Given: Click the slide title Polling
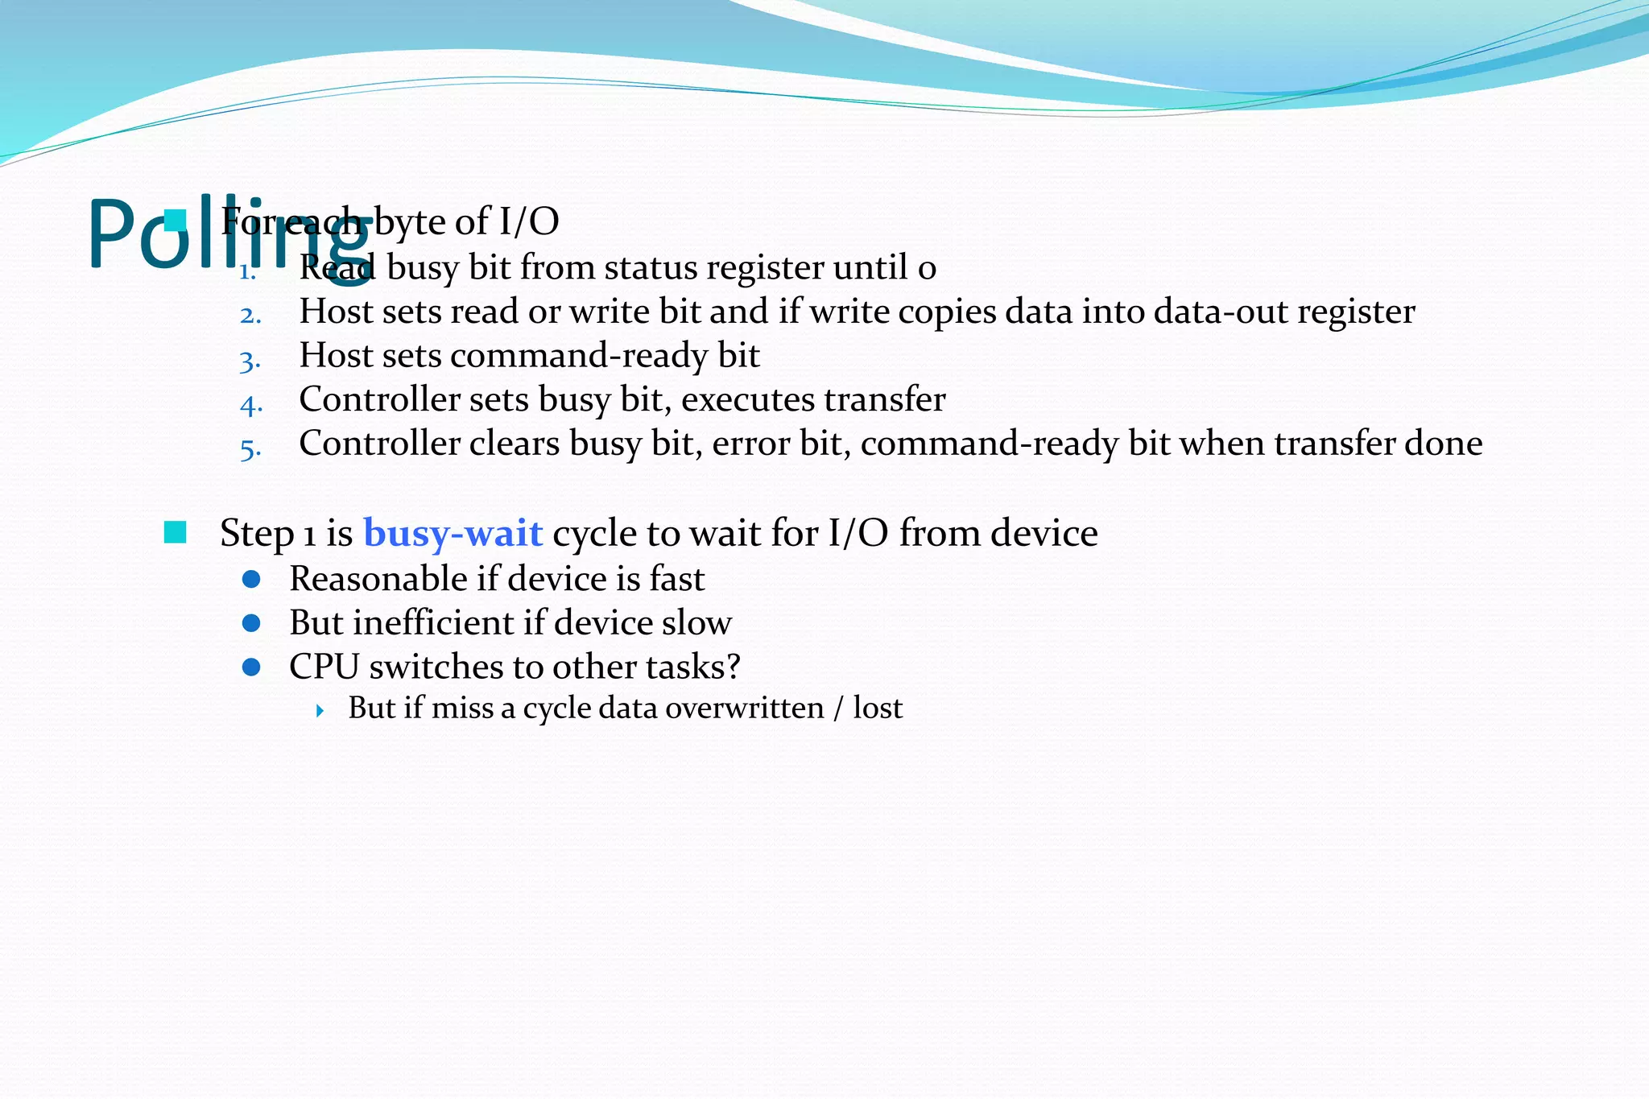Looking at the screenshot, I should coord(229,233).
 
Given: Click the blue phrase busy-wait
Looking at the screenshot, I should coord(453,533).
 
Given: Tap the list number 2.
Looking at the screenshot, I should coord(250,315).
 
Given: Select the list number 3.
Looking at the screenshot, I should coord(250,360).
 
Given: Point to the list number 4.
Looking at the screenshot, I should coord(250,403).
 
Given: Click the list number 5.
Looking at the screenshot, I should coord(250,448).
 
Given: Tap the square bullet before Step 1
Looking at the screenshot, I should coord(175,532).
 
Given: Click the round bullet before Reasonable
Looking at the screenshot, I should coord(251,579).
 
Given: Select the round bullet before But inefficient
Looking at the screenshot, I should coord(251,623).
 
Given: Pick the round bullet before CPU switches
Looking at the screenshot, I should coord(251,667).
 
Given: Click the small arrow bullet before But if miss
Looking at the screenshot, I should coord(320,710).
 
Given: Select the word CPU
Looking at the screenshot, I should coord(324,667).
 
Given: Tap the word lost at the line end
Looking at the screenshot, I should coord(878,708).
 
